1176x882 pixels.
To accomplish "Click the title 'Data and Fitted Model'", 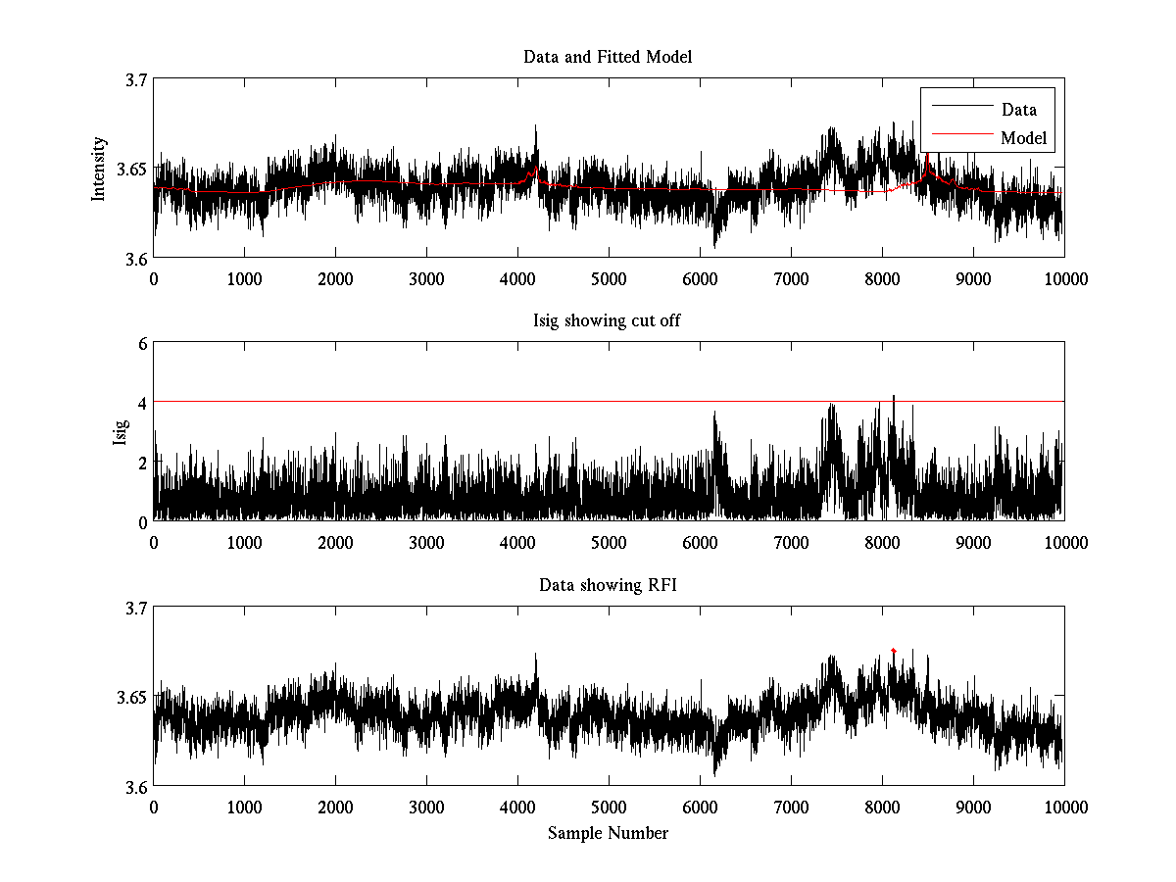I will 608,57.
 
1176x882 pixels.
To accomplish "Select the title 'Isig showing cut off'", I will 608,320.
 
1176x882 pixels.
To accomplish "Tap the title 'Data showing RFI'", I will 608,585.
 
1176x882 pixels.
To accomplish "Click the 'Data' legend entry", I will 1018,110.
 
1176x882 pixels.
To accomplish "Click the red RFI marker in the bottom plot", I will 894,650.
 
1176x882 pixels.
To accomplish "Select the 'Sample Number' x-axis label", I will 608,833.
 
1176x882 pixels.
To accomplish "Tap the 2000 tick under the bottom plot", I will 335,807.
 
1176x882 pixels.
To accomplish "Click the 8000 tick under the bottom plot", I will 882,807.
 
